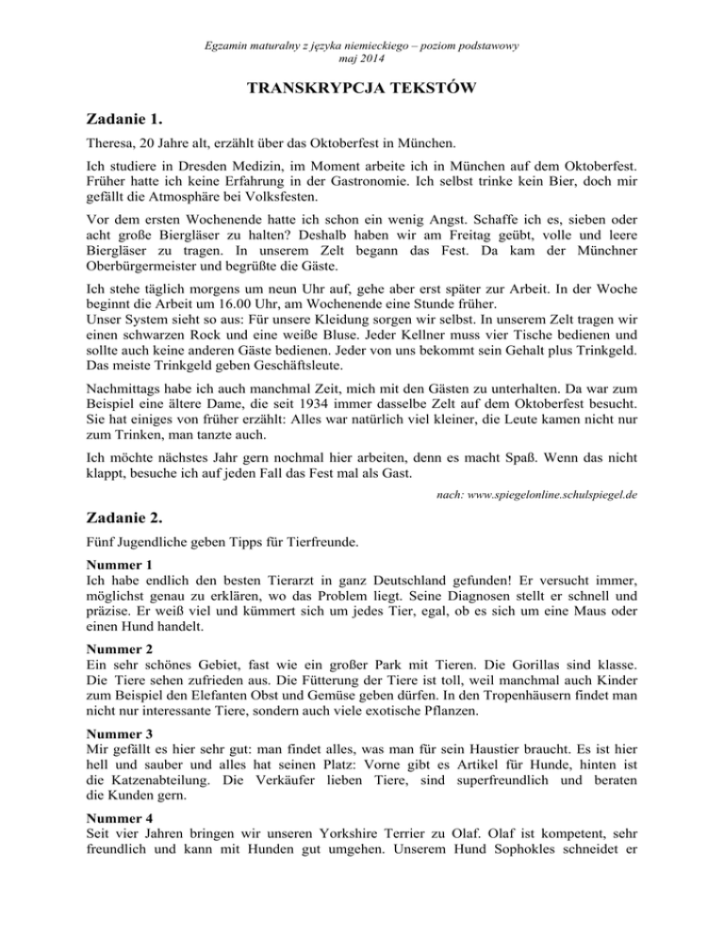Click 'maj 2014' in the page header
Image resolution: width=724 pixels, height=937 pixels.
(362, 58)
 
